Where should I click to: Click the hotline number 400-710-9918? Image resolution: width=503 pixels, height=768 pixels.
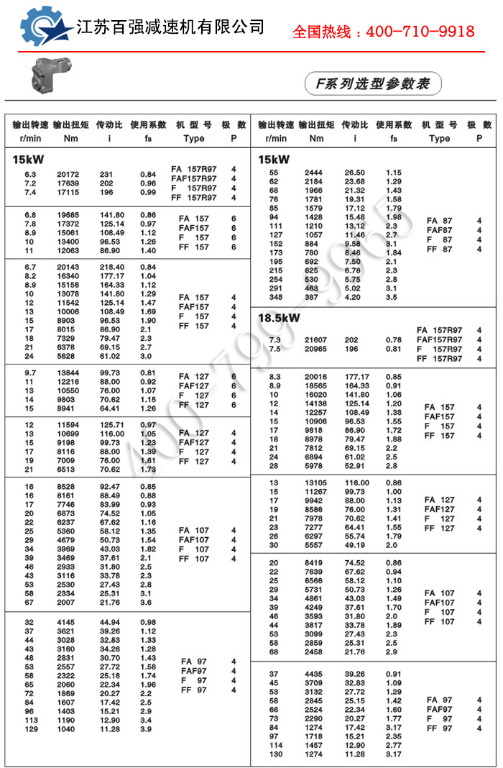click(x=420, y=32)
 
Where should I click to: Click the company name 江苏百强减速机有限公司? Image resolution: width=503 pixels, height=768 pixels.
click(x=170, y=27)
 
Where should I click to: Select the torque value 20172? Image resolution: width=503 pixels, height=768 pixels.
click(x=68, y=175)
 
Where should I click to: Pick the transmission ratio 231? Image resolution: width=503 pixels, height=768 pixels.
click(x=106, y=175)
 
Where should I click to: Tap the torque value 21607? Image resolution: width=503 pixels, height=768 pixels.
click(x=316, y=339)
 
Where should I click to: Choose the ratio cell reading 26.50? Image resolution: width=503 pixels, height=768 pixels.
click(x=355, y=173)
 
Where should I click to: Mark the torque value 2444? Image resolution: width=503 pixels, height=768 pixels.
click(x=314, y=173)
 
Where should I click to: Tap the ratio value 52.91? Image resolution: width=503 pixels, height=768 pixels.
click(x=355, y=465)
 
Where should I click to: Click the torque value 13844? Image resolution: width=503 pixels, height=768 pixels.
click(x=68, y=372)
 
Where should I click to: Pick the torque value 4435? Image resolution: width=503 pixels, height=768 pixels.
click(x=314, y=674)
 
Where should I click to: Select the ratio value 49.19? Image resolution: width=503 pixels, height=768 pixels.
click(x=355, y=544)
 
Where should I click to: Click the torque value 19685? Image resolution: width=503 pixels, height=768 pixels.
click(x=68, y=215)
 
